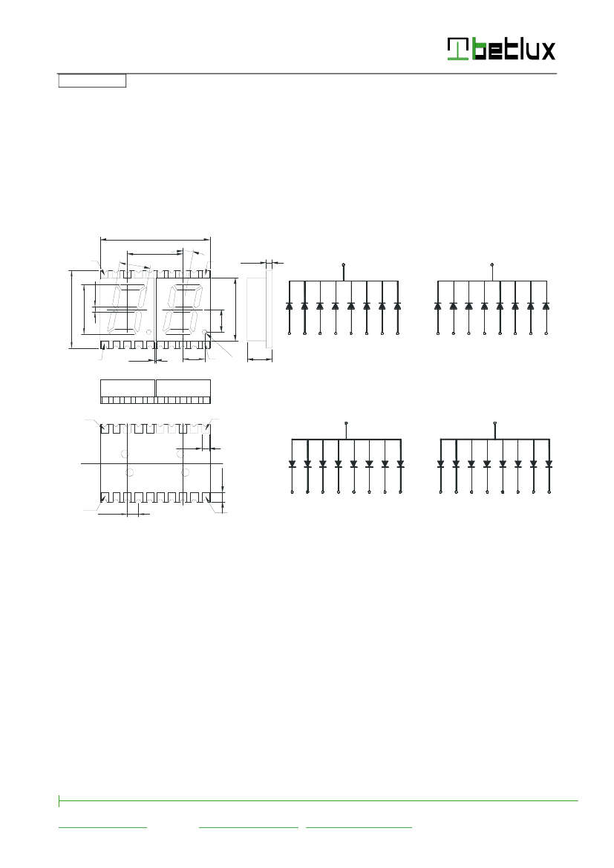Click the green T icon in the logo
[x=458, y=49]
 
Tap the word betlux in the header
[x=513, y=49]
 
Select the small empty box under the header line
[x=92, y=81]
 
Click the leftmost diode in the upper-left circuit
[x=289, y=306]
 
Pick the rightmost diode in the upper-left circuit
[x=397, y=306]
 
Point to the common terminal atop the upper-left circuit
[x=344, y=264]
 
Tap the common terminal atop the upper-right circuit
[x=492, y=264]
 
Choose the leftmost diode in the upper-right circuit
[x=437, y=306]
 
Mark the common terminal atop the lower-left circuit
[x=346, y=423]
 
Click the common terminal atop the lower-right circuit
[x=494, y=423]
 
